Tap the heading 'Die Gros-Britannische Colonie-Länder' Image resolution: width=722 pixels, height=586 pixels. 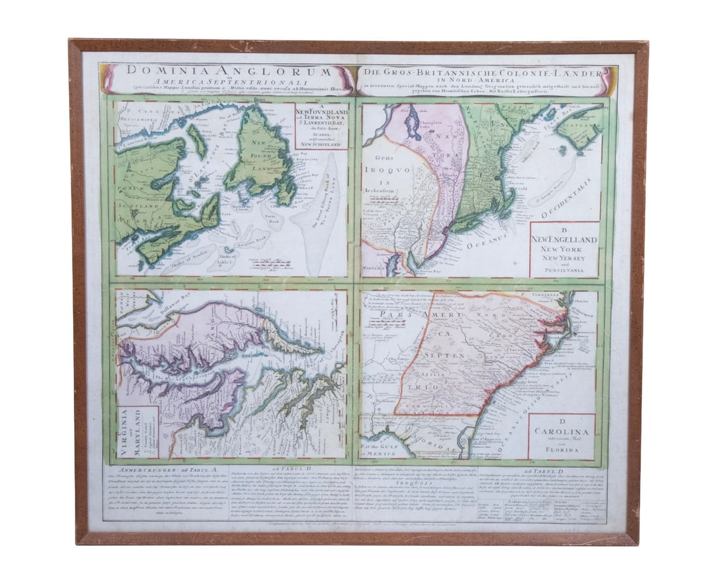click(x=485, y=70)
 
